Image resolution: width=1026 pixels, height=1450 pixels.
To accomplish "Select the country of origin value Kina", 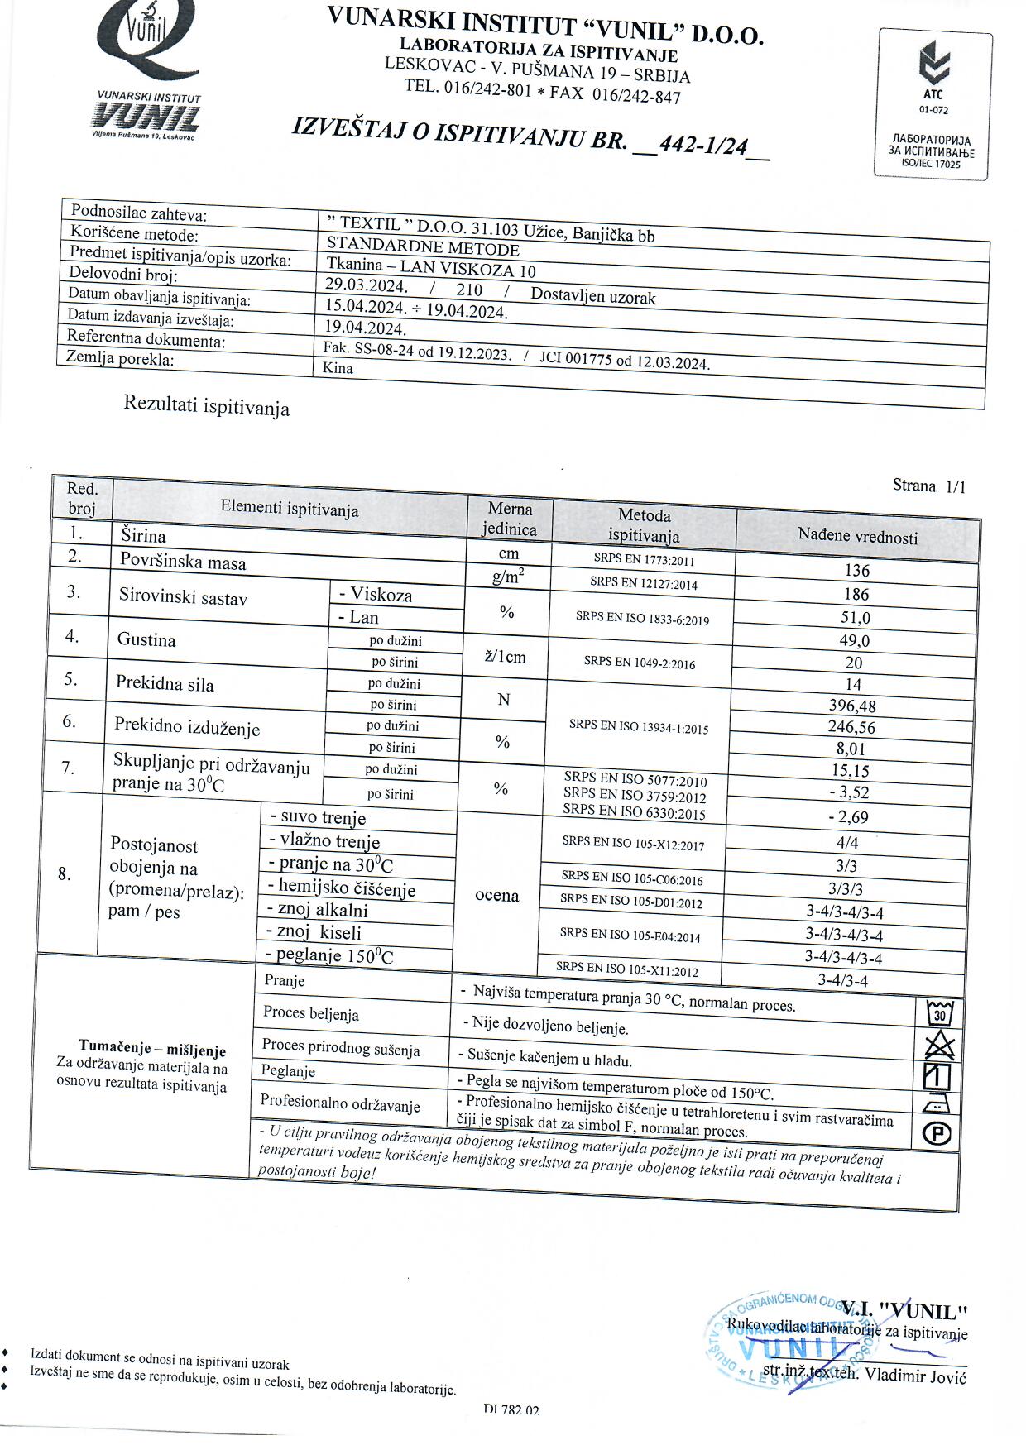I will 338,368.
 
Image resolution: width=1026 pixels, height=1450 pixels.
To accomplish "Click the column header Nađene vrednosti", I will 857,536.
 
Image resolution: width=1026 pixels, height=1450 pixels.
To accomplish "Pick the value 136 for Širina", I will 857,571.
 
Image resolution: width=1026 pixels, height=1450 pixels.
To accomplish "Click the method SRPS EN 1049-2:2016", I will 640,663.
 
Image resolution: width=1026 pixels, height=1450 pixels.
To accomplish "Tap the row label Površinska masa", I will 183,562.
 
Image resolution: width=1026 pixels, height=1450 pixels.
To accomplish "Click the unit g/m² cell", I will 507,577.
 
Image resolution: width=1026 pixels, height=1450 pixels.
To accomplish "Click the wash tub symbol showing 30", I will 939,1012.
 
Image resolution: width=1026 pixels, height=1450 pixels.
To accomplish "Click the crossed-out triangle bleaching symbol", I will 938,1046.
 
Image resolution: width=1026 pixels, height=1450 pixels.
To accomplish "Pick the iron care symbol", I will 937,1104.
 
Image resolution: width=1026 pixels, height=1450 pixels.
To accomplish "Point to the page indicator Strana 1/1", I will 928,486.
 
